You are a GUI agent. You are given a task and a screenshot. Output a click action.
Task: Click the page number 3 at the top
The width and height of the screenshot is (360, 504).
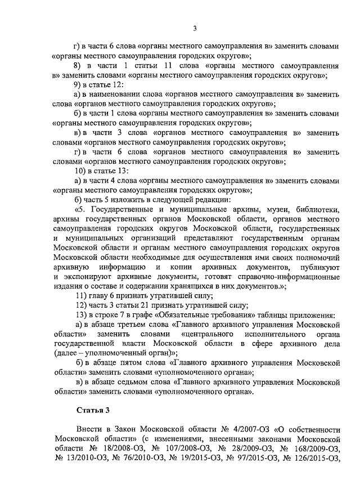pyautogui.click(x=194, y=29)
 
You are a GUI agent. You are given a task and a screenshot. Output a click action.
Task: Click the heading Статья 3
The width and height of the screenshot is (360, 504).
pyautogui.click(x=93, y=409)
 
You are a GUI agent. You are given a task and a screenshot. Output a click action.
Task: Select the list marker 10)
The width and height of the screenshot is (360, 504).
pyautogui.click(x=82, y=170)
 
